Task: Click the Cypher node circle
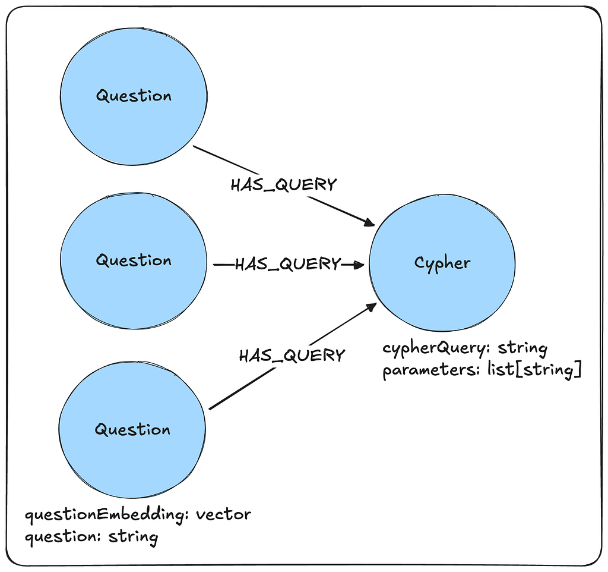click(x=442, y=291)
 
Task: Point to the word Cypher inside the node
click(x=442, y=263)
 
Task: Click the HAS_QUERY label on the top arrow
click(x=283, y=185)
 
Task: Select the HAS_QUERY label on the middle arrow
click(x=288, y=264)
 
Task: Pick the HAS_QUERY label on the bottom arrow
click(x=292, y=356)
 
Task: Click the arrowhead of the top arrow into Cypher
click(x=369, y=222)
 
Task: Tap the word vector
click(x=223, y=514)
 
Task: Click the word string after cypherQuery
click(x=522, y=348)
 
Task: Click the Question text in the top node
click(x=134, y=96)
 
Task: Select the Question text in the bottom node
click(x=132, y=430)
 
